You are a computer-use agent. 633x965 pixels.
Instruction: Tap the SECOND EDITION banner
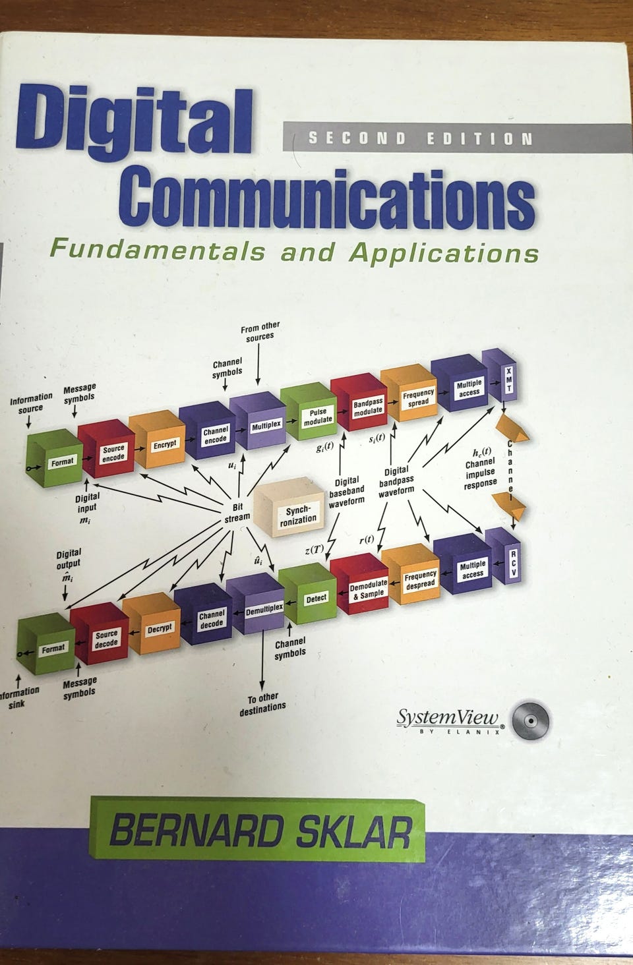click(420, 138)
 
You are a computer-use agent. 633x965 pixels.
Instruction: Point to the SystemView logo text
click(449, 718)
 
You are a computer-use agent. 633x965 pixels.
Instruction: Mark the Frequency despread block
click(419, 580)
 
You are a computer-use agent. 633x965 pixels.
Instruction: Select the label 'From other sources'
click(260, 330)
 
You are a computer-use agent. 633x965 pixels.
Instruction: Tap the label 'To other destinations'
click(262, 701)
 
